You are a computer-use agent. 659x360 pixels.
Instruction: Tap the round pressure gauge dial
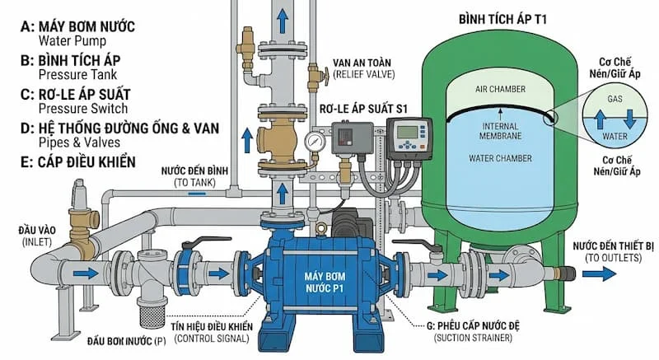[x=314, y=142]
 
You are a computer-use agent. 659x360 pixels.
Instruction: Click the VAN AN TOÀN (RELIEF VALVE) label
[x=363, y=68]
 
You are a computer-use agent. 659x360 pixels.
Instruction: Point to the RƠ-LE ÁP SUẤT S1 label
[x=364, y=108]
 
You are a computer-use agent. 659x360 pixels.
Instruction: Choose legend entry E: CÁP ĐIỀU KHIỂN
[x=77, y=161]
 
